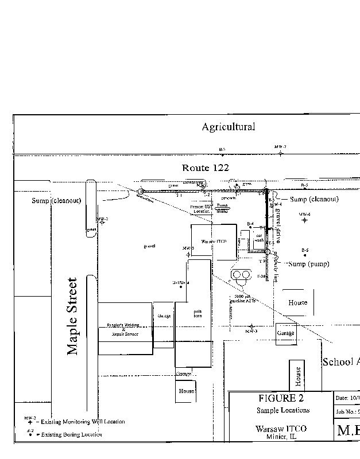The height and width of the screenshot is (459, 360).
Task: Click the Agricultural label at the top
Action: (228, 127)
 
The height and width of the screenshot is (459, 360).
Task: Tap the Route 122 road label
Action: (205, 168)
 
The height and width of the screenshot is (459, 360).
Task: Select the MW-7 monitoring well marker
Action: (280, 154)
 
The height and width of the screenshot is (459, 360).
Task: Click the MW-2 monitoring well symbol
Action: (102, 223)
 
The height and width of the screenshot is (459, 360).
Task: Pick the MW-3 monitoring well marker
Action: (251, 328)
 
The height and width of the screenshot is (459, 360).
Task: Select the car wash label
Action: (259, 238)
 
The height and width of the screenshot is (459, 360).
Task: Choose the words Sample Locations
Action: (282, 410)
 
